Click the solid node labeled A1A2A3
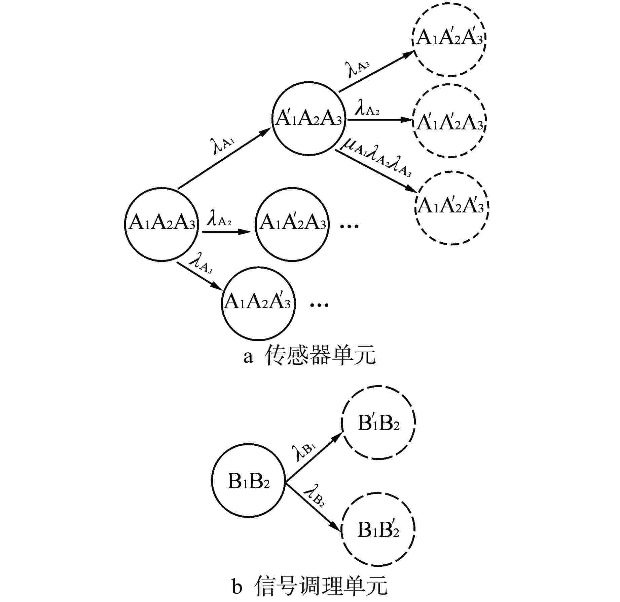(161, 224)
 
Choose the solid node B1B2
(248, 481)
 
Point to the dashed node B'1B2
(378, 423)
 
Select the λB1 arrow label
(304, 451)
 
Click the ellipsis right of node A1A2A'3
(319, 305)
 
